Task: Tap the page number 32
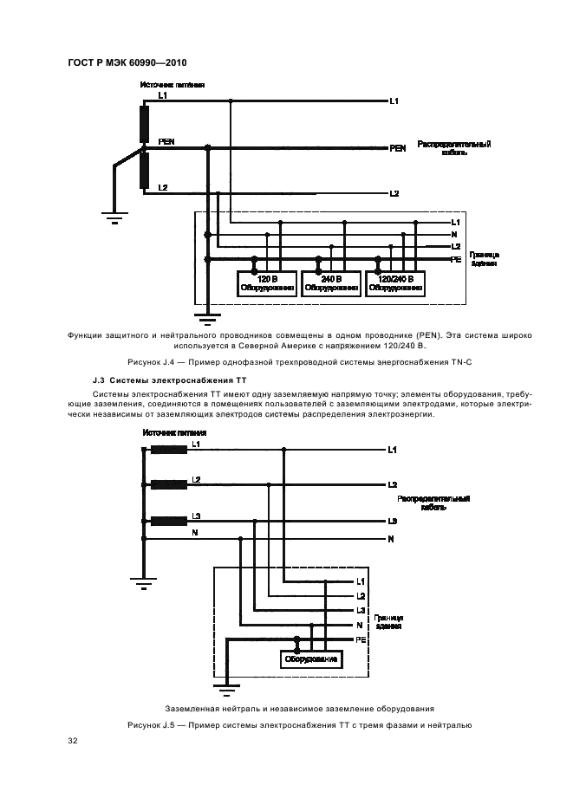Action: click(x=72, y=741)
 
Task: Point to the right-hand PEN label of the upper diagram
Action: click(x=398, y=148)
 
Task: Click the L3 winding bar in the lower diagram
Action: click(x=168, y=522)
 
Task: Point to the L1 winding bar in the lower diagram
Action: click(x=168, y=450)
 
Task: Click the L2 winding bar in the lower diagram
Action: click(x=168, y=485)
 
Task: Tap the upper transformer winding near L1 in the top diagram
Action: click(x=145, y=122)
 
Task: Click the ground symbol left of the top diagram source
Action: click(x=113, y=216)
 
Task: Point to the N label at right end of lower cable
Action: click(x=392, y=539)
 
